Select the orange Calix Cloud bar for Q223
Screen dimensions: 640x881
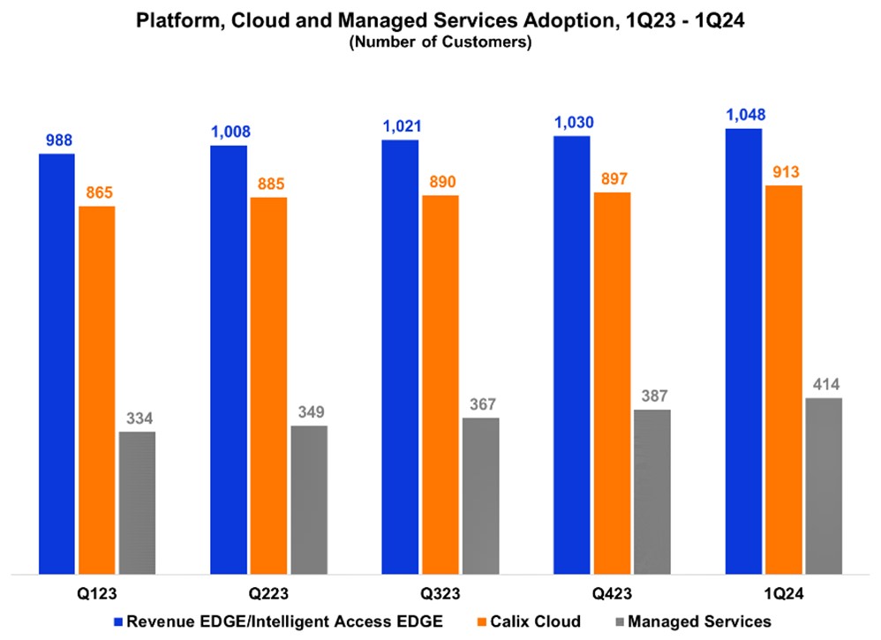click(x=268, y=385)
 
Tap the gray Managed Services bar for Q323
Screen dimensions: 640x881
click(x=480, y=495)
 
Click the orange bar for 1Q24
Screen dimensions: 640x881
click(x=783, y=380)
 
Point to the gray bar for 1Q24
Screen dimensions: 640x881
click(x=824, y=486)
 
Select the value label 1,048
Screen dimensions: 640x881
click(x=742, y=114)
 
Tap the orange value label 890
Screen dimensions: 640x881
click(x=440, y=181)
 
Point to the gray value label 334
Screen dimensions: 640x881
click(x=137, y=418)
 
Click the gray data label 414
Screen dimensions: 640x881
click(x=824, y=384)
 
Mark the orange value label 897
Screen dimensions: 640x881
click(x=611, y=177)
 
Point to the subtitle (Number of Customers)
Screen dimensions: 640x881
click(x=440, y=42)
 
